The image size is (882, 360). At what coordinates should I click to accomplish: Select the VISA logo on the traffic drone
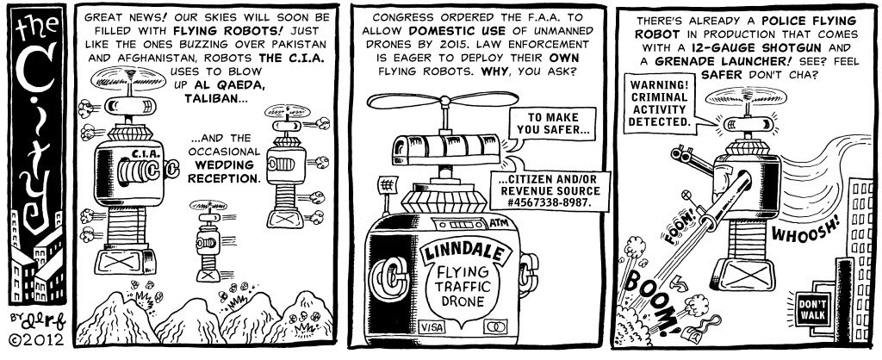point(431,327)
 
